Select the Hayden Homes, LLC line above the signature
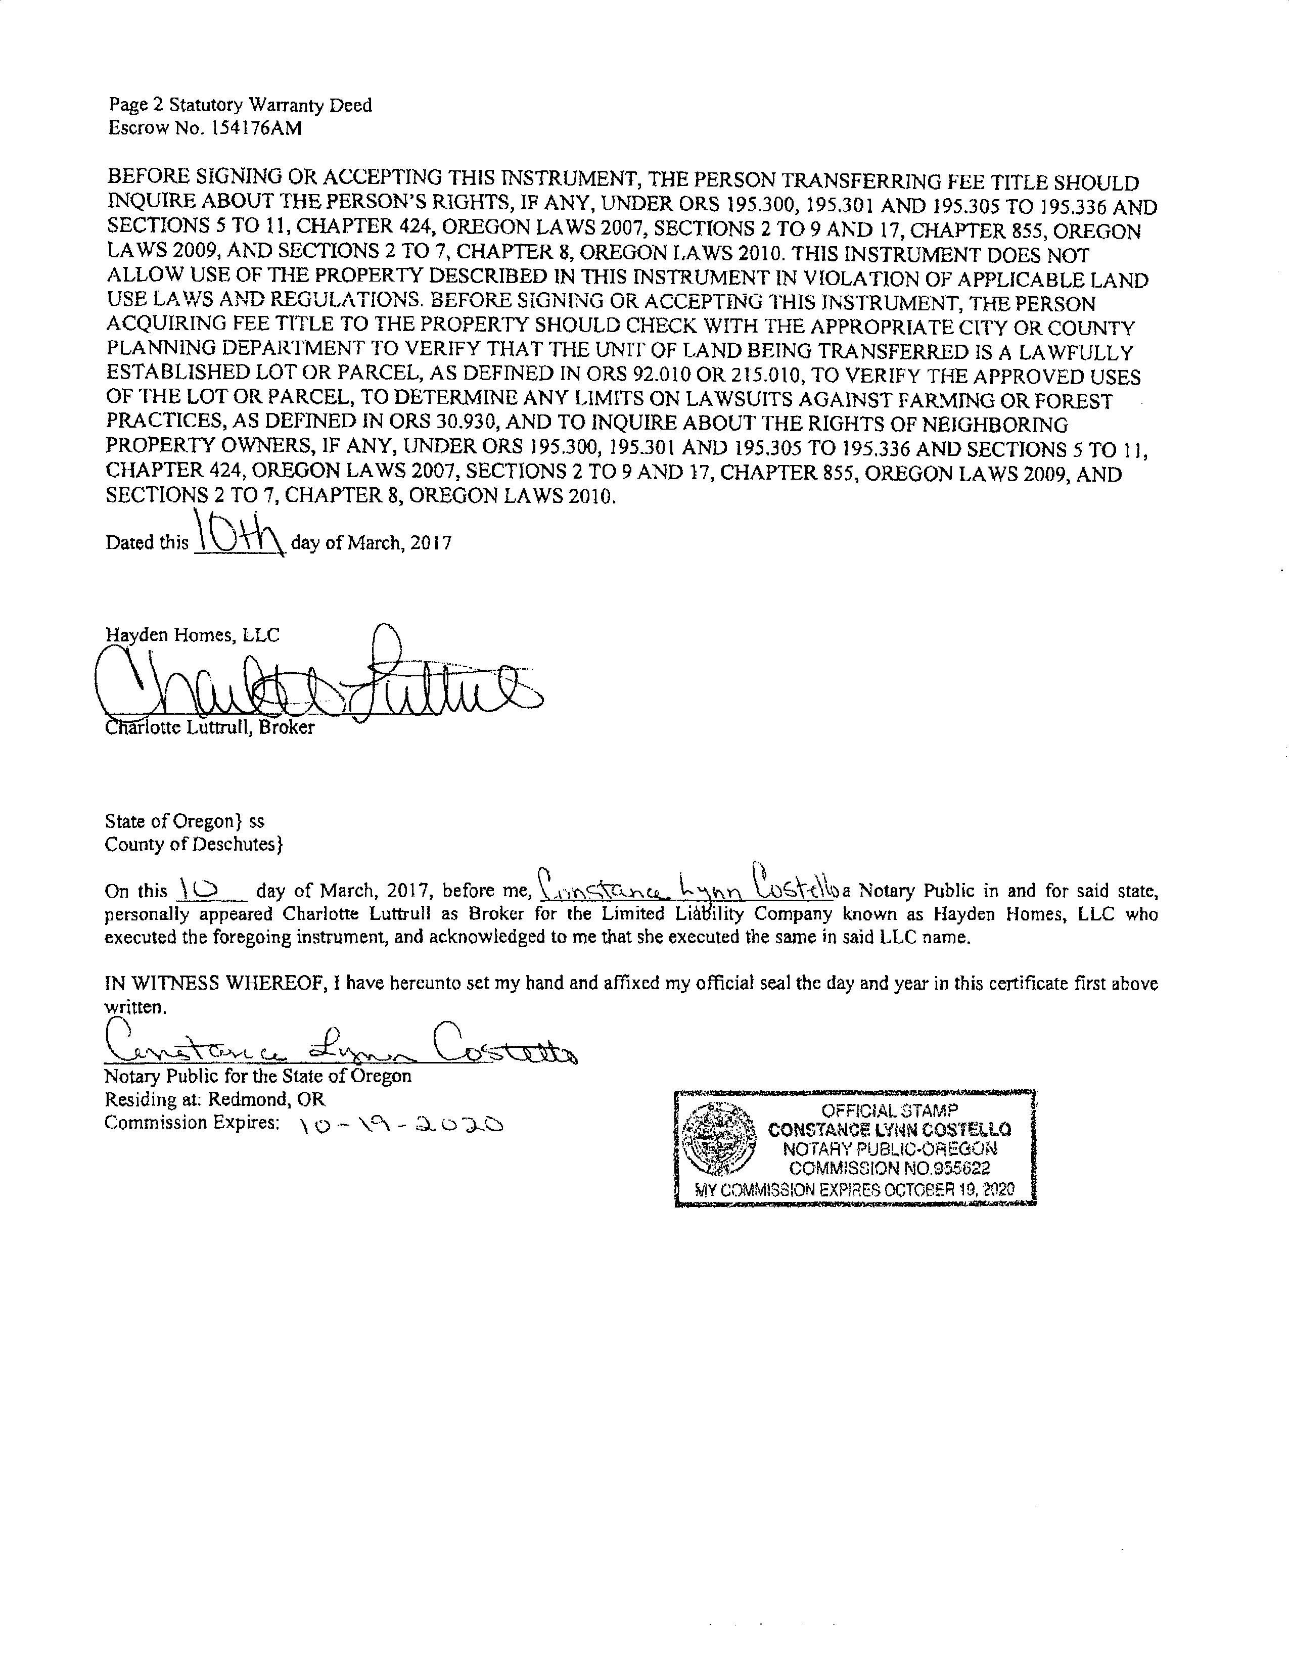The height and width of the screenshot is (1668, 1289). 193,635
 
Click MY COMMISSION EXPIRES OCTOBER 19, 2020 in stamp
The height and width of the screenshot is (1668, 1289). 855,1189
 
